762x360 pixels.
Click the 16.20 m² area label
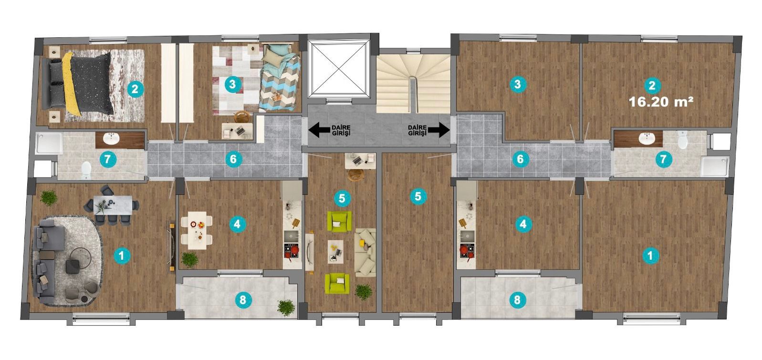(661, 102)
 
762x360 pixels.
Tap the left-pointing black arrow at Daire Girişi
(319, 130)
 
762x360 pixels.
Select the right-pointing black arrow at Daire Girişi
(439, 130)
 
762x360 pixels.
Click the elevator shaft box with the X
(339, 68)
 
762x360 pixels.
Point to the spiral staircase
(413, 84)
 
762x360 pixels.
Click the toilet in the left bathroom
(86, 170)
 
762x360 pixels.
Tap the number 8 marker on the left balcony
(242, 300)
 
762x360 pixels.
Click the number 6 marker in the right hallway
(520, 159)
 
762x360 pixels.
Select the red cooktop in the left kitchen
(292, 252)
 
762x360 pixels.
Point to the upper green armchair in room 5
(339, 221)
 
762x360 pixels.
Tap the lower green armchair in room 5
(337, 284)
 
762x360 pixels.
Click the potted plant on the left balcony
(286, 308)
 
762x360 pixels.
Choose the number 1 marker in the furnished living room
(122, 255)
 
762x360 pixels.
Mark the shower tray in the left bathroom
(49, 143)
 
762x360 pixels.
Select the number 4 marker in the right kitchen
(523, 224)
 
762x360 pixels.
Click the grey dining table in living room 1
(113, 205)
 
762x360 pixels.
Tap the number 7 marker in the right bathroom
(663, 159)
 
